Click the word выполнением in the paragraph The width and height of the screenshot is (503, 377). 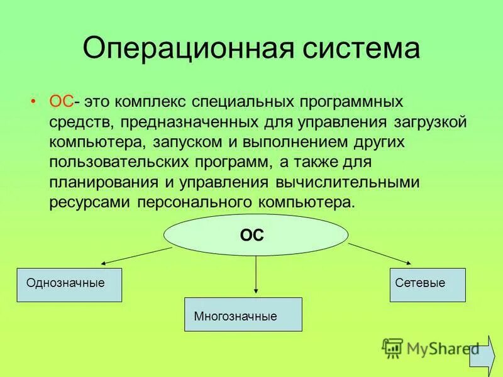click(286, 141)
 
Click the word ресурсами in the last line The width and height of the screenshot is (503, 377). click(85, 202)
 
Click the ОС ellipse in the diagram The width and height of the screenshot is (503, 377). click(255, 236)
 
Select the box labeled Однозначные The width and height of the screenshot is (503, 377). click(69, 285)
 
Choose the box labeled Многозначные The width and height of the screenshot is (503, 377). click(243, 314)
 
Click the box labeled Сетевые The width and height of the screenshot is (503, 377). click(428, 285)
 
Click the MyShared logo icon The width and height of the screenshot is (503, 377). click(392, 347)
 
